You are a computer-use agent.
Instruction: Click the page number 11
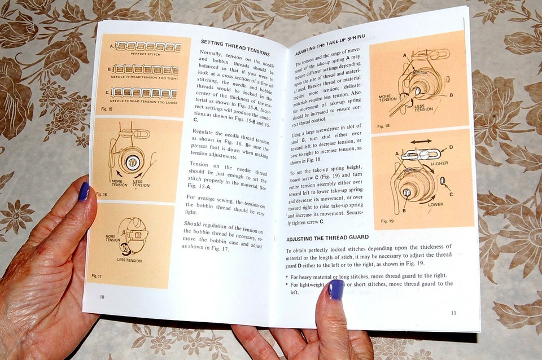click(454, 313)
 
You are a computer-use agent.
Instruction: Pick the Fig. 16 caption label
click(102, 194)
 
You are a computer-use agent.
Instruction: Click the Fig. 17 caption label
click(97, 275)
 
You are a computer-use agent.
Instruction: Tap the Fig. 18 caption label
click(383, 126)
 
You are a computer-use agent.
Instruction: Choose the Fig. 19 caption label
click(387, 221)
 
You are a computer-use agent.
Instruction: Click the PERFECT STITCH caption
click(146, 54)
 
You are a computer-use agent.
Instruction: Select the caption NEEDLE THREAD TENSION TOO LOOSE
click(145, 102)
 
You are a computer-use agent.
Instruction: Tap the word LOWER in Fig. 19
click(435, 204)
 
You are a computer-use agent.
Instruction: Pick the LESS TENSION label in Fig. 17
click(129, 260)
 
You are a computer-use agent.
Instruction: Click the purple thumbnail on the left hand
click(84, 192)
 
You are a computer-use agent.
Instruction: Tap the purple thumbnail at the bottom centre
click(335, 289)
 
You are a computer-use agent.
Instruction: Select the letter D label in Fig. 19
click(449, 148)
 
